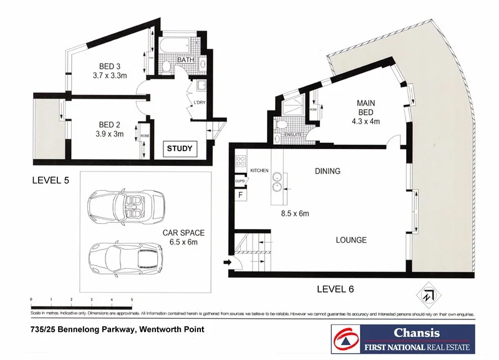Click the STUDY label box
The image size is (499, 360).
point(180,149)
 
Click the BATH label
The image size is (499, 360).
point(185,60)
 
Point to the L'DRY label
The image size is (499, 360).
point(200,102)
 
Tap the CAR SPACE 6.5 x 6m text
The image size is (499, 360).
point(183,237)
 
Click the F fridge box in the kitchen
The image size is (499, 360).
point(240,195)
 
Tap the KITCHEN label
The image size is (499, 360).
point(259,170)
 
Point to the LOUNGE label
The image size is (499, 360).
point(351,240)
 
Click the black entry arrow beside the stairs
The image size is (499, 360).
point(225,263)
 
